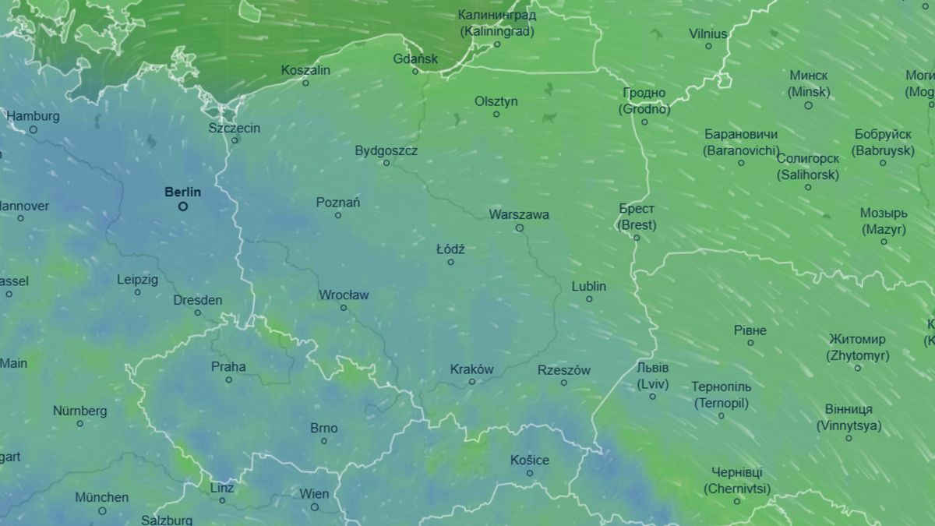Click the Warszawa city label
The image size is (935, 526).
(x=519, y=214)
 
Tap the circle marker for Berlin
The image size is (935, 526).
(x=183, y=207)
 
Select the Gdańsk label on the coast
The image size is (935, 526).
(x=415, y=58)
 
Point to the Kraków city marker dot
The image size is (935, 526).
(x=472, y=382)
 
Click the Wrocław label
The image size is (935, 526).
(x=344, y=295)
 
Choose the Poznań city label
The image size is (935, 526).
(x=338, y=203)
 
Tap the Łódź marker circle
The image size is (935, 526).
(x=450, y=262)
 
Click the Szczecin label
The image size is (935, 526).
(x=235, y=128)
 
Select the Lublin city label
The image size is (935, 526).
(x=589, y=286)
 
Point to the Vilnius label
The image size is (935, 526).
(x=708, y=34)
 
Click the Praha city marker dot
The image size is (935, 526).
(x=229, y=379)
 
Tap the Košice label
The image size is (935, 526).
(x=530, y=460)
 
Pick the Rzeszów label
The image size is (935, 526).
(x=564, y=370)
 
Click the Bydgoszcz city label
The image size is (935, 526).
(x=386, y=150)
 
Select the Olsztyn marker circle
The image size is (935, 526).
(x=496, y=114)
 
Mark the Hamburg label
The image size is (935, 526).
(x=33, y=116)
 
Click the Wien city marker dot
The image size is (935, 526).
(x=315, y=507)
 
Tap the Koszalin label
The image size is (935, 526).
(x=305, y=70)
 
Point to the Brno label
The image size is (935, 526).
(x=324, y=428)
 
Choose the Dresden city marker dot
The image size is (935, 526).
(x=198, y=312)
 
